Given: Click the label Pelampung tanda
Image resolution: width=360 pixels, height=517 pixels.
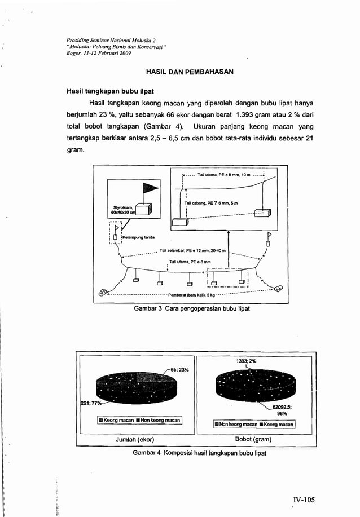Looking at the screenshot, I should pyautogui.click(x=142, y=238).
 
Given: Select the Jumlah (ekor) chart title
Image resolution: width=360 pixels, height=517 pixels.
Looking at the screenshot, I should pyautogui.click(x=135, y=439).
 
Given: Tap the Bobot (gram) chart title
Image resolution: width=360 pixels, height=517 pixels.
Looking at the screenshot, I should pyautogui.click(x=253, y=439).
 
